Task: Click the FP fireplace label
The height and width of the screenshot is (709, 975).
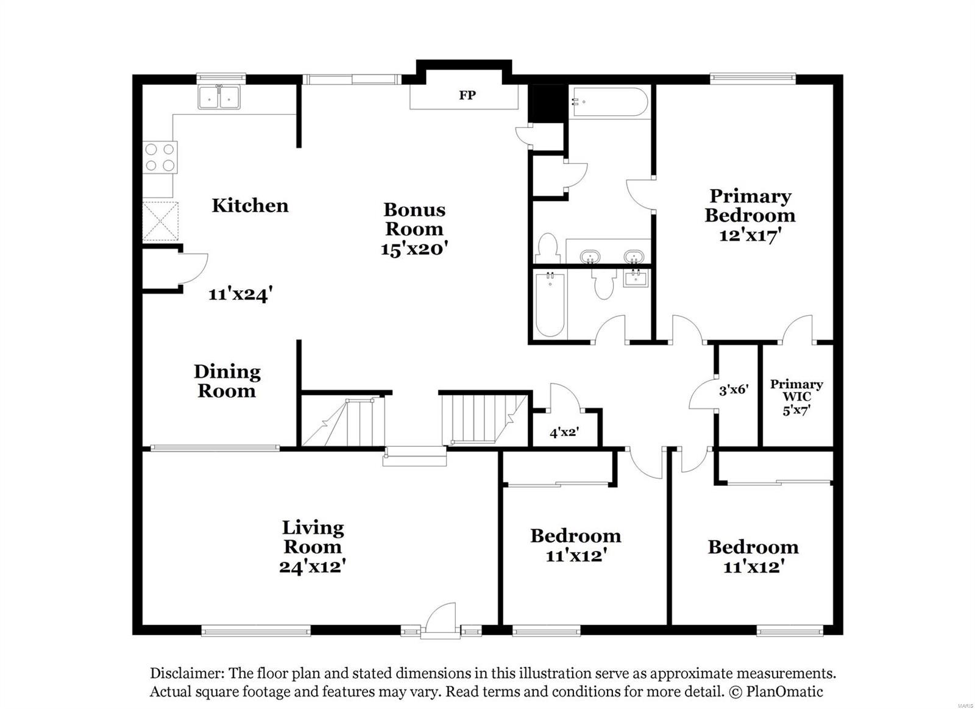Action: pos(467,95)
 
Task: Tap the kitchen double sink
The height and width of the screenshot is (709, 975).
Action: pos(219,98)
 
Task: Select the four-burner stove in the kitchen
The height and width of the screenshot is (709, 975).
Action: pos(160,157)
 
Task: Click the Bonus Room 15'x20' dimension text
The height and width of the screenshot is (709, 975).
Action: pos(414,249)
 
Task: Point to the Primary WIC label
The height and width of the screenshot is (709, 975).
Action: pos(796,390)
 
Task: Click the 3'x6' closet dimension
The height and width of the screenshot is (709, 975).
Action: pos(733,390)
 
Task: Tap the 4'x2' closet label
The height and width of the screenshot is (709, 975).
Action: pos(564,433)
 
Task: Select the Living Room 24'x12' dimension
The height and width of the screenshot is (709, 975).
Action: pos(313,566)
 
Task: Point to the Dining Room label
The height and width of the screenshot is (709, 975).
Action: pos(227,381)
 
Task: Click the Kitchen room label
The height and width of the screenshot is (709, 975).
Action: pos(250,205)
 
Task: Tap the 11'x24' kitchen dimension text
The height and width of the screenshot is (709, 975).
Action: pos(239,294)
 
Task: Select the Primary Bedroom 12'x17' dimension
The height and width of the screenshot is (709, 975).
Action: pos(750,235)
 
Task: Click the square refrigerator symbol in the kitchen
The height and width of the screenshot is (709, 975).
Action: pos(161,221)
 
